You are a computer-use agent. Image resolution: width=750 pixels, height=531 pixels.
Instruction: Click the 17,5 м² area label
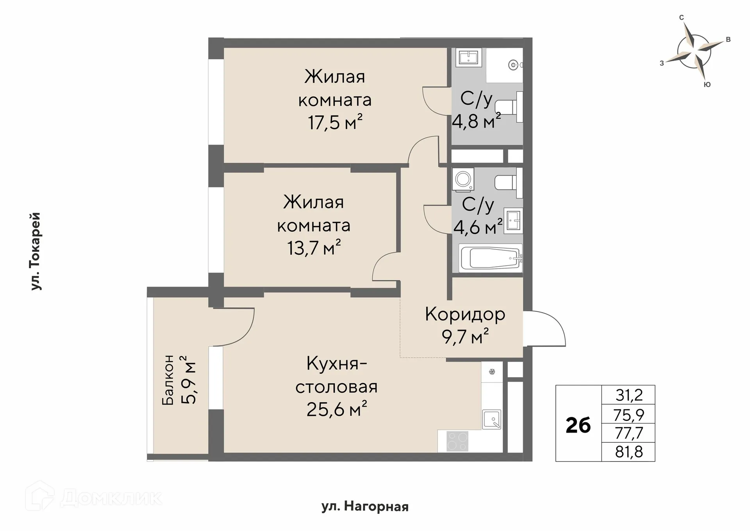(335, 123)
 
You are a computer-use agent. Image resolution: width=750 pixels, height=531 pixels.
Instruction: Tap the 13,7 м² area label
(314, 248)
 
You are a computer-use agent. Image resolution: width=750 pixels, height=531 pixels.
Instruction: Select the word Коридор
(465, 314)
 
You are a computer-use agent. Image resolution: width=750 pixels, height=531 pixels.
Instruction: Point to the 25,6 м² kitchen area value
(336, 410)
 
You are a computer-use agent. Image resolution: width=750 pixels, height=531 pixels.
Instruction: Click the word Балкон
(168, 380)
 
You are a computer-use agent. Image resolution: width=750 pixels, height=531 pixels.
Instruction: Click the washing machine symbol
(464, 180)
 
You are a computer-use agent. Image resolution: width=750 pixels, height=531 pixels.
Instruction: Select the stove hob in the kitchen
(457, 441)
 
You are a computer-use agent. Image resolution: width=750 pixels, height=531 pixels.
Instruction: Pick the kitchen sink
(492, 420)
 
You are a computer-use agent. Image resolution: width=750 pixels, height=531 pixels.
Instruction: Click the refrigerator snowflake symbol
(492, 371)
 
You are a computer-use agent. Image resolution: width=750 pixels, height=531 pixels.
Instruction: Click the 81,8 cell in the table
(629, 452)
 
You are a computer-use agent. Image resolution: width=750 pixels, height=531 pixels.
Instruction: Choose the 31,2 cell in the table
(629, 395)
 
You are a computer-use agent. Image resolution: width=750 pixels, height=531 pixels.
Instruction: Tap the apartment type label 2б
(578, 425)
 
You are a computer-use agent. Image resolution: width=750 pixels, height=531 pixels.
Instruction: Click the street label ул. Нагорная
(365, 507)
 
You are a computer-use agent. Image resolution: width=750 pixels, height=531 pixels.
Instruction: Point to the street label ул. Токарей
(36, 251)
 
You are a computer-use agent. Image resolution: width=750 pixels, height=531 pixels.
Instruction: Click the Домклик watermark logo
(94, 497)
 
